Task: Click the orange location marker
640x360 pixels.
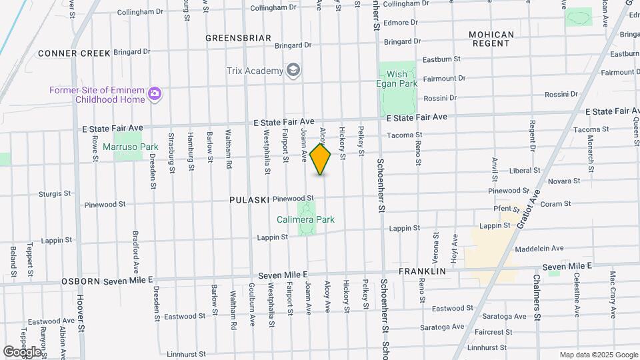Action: click(x=321, y=159)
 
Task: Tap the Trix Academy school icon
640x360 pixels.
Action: click(x=293, y=70)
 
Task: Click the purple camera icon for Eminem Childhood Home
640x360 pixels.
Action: click(x=155, y=93)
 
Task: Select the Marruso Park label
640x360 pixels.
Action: click(x=126, y=147)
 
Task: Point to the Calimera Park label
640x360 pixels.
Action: click(x=306, y=219)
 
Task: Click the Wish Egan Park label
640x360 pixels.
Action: click(x=402, y=79)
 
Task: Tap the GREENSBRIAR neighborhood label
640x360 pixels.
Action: click(x=238, y=38)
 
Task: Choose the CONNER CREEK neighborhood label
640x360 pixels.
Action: click(x=74, y=53)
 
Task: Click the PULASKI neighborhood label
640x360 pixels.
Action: click(x=249, y=200)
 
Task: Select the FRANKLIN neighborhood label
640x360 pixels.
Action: click(x=422, y=272)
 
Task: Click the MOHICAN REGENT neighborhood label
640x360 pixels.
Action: click(x=491, y=39)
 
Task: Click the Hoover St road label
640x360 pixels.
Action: click(x=81, y=313)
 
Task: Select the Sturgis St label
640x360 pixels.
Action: click(x=55, y=194)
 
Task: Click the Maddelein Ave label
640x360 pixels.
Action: click(x=539, y=249)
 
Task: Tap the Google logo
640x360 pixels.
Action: click(x=22, y=351)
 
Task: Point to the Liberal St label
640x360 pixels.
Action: click(x=524, y=171)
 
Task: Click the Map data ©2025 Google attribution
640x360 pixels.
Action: click(x=598, y=355)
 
